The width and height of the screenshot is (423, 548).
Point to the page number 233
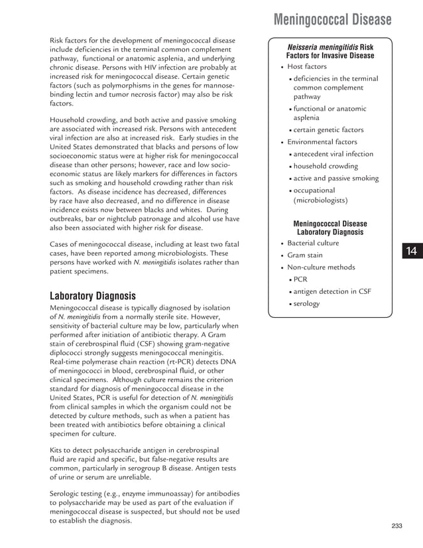397,526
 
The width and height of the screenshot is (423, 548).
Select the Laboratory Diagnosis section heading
93,295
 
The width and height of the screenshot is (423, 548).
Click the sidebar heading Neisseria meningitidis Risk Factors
330,52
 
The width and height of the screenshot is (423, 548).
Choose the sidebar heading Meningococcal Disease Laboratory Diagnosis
330,228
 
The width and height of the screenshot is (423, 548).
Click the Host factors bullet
306,67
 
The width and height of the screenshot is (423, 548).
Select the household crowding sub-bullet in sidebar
326,166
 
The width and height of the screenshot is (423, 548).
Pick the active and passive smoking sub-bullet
336,178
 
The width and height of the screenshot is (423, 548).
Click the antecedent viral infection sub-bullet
333,154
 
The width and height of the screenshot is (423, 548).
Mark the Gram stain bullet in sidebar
305,255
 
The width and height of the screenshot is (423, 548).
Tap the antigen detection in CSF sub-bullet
328,292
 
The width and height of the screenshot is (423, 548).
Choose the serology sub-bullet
306,304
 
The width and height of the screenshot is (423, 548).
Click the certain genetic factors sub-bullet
328,130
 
